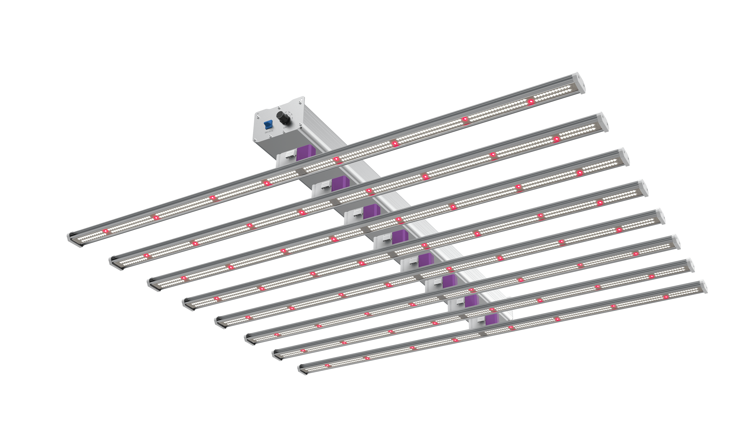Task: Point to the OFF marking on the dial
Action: coord(286,112)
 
